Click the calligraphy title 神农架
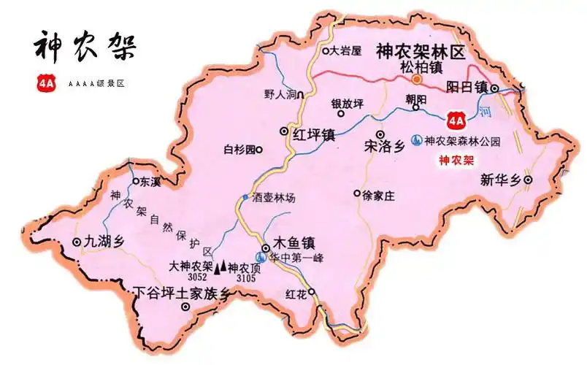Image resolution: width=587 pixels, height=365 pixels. pos(85,46)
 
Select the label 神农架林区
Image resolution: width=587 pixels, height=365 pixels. pos(420,51)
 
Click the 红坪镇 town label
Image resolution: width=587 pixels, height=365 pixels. pos(312,134)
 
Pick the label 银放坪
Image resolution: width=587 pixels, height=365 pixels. pos(347,103)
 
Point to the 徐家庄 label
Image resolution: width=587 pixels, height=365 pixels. pos(378,195)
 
